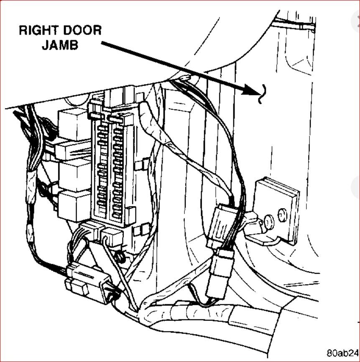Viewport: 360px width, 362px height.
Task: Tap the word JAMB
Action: (60, 45)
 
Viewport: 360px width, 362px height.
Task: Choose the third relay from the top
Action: (74, 175)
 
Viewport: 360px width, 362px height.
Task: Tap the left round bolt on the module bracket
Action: (268, 219)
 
